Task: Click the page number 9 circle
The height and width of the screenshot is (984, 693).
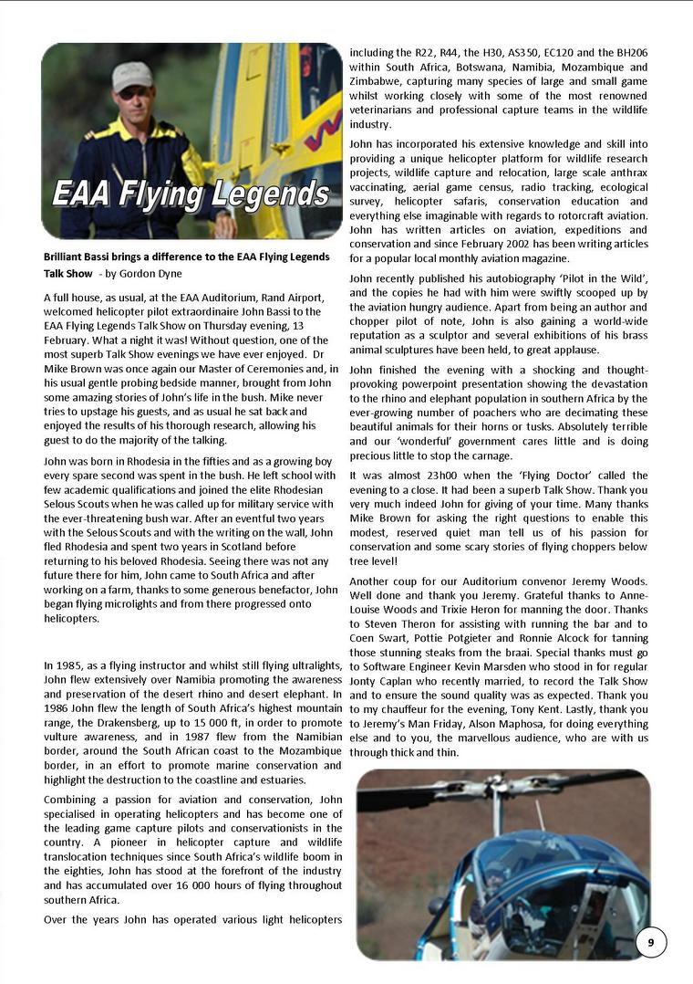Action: tap(651, 943)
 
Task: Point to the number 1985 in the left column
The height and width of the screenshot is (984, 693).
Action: tap(69, 665)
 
